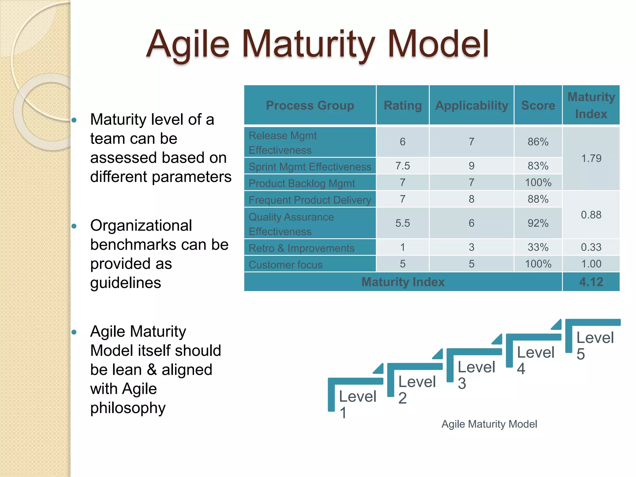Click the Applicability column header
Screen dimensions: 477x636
click(471, 106)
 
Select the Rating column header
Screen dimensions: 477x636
click(402, 106)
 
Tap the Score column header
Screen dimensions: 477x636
click(538, 106)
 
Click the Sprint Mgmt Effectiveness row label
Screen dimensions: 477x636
click(310, 167)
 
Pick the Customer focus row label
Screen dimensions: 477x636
click(285, 265)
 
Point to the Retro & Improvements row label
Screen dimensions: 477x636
click(301, 248)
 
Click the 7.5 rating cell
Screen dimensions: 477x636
click(402, 166)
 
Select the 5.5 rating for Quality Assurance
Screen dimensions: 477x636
click(402, 223)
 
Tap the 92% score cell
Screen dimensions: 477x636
click(538, 223)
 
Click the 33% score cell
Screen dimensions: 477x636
click(538, 247)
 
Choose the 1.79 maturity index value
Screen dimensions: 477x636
click(591, 158)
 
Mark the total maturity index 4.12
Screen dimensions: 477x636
click(591, 282)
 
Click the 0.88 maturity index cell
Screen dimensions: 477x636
click(591, 215)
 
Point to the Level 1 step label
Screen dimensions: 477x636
click(357, 404)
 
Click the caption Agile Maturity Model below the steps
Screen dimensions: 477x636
click(489, 424)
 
